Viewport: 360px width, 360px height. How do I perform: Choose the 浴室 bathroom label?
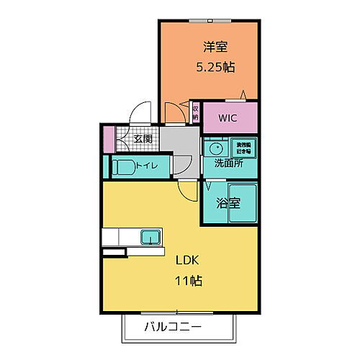pyautogui.click(x=228, y=204)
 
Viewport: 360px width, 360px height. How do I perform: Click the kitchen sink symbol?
pyautogui.click(x=151, y=237)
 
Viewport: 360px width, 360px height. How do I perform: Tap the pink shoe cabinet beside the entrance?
pyautogui.click(x=109, y=138)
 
